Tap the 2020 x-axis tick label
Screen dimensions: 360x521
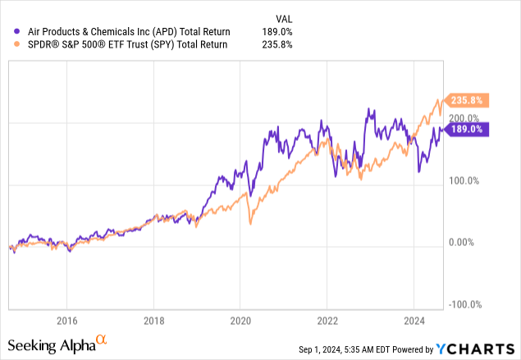click(x=240, y=320)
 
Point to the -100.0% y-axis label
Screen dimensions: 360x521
click(x=466, y=304)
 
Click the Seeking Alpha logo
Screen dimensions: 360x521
click(x=57, y=342)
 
